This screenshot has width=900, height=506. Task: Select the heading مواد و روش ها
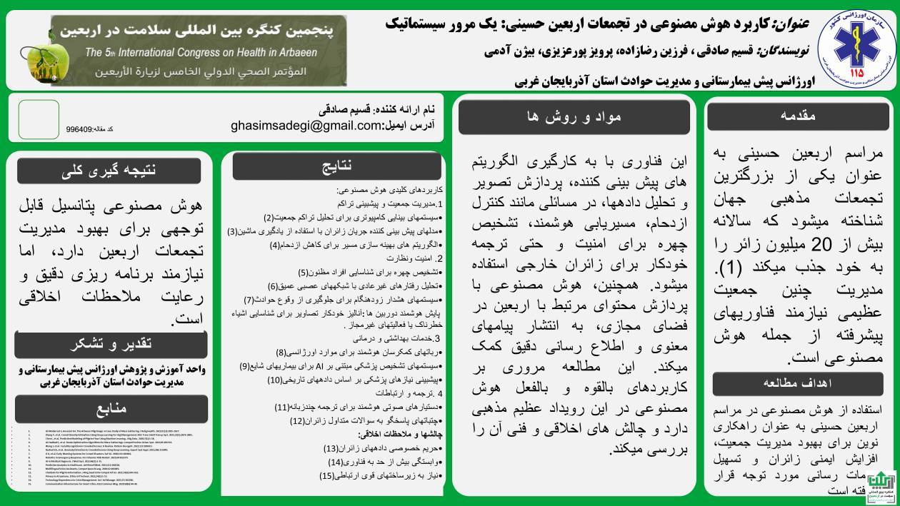pos(574,117)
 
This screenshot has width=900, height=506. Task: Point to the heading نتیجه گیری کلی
pos(109,170)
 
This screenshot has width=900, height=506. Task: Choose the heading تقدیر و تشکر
pos(110,344)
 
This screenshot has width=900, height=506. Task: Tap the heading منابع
pos(110,408)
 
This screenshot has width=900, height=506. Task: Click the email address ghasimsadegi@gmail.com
pos(306,125)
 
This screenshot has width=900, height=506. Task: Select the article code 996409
pos(79,130)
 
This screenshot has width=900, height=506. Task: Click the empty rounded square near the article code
pos(39,119)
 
